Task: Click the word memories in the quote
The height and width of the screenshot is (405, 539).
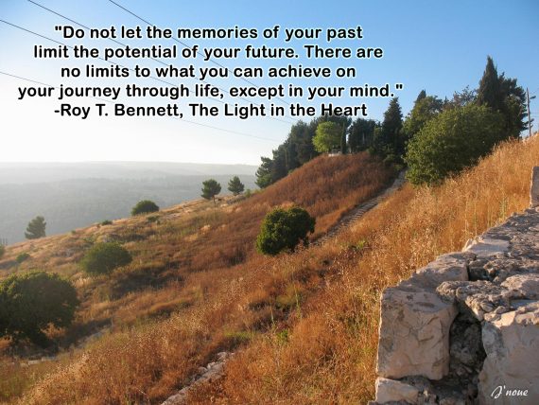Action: (218, 33)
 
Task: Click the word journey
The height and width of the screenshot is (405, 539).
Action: (90, 92)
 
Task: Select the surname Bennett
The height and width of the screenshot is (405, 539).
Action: (148, 111)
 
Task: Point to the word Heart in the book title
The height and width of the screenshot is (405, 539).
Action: (344, 110)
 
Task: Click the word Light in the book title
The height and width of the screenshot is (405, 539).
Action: (243, 111)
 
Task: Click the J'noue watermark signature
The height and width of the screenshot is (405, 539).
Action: (510, 392)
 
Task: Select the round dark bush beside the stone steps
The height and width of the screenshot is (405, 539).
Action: (285, 230)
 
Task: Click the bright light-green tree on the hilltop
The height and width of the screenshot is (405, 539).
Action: (327, 136)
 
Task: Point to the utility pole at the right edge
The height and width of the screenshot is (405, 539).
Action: (529, 112)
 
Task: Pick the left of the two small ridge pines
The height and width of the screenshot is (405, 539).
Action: (211, 189)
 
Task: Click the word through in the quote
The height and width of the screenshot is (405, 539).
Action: (157, 92)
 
